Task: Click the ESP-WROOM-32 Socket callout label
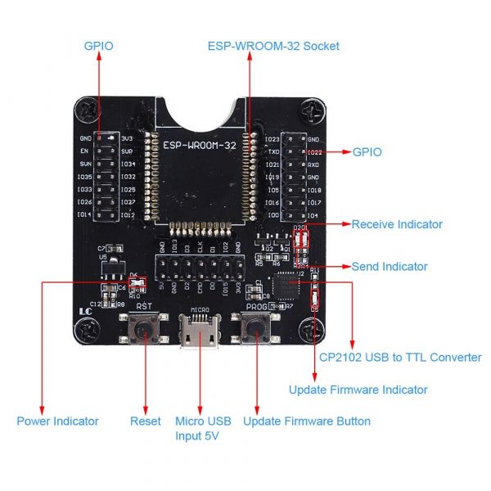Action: pyautogui.click(x=273, y=46)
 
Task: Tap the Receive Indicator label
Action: pyautogui.click(x=397, y=224)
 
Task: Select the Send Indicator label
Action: pyautogui.click(x=390, y=267)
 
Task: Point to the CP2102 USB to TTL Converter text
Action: pyautogui.click(x=399, y=357)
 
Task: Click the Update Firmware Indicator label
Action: pyautogui.click(x=358, y=390)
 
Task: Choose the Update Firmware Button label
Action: pyautogui.click(x=307, y=421)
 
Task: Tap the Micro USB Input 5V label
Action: pyautogui.click(x=203, y=428)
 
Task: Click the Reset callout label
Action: pyautogui.click(x=146, y=421)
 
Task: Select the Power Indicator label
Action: pyautogui.click(x=57, y=421)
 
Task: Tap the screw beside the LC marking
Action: pyautogui.click(x=88, y=330)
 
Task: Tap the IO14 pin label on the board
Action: pyautogui.click(x=85, y=214)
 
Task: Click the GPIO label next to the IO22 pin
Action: pyautogui.click(x=367, y=152)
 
